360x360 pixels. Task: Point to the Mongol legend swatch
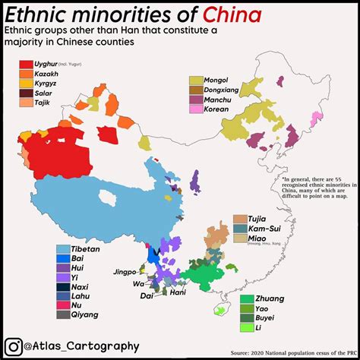coord(197,80)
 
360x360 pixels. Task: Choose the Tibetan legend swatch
coord(65,248)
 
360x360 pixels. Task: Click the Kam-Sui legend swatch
coord(240,229)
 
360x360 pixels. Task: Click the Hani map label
coord(178,292)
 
